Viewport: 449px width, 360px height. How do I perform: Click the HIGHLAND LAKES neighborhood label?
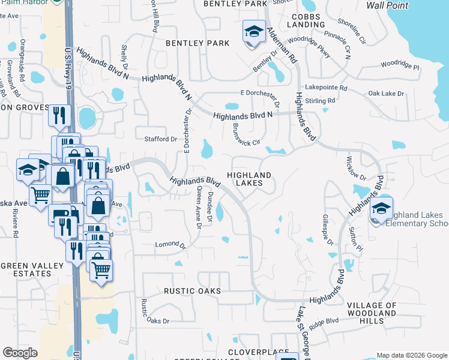tap(249, 179)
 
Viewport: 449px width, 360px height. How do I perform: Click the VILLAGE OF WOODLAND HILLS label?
tap(372, 313)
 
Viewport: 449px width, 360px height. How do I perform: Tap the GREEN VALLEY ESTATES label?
tap(26, 269)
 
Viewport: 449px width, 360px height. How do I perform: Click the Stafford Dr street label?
tap(161, 139)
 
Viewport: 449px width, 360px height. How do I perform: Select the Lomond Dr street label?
tap(171, 244)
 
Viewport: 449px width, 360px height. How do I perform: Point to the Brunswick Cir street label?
tap(245, 136)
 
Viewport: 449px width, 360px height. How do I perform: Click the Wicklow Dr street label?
tap(356, 169)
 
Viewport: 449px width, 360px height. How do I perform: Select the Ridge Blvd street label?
tap(325, 321)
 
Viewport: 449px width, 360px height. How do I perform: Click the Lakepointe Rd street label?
tap(326, 88)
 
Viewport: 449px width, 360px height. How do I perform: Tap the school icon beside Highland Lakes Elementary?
tap(381, 209)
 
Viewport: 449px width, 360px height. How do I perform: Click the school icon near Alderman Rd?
tap(254, 31)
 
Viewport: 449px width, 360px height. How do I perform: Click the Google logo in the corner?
tap(20, 353)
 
